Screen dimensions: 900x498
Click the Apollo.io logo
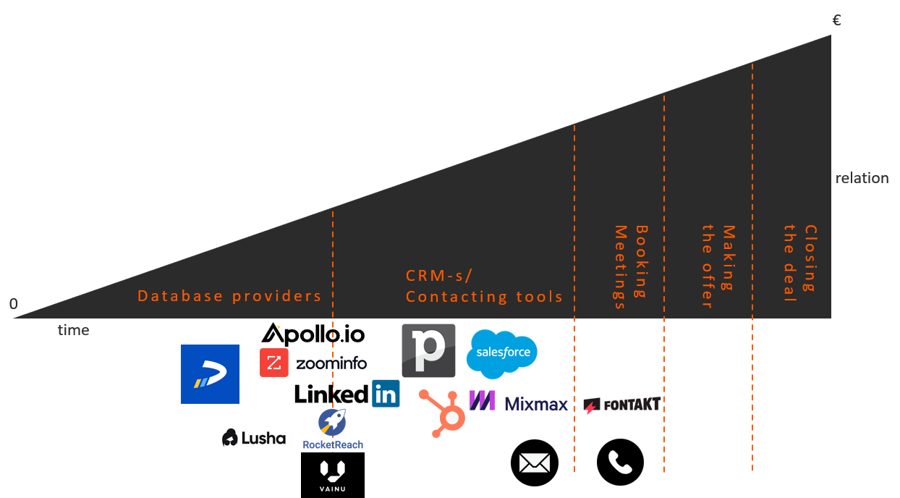point(313,334)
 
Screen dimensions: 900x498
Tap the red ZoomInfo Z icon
point(273,363)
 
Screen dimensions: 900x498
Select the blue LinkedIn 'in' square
point(386,394)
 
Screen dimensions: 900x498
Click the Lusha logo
point(253,437)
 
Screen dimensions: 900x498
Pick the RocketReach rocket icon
point(332,423)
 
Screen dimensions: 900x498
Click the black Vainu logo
point(333,475)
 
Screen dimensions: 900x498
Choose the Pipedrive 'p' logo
point(428,350)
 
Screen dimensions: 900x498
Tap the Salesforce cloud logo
point(502,354)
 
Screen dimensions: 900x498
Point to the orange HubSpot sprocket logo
point(442,413)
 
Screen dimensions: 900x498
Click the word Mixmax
point(536,404)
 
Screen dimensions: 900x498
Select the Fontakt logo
point(621,405)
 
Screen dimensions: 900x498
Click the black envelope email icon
point(535,463)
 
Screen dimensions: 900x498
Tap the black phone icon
point(620,463)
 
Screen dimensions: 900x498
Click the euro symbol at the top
point(836,20)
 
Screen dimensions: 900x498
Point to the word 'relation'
point(862,178)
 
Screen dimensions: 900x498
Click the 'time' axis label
point(74,330)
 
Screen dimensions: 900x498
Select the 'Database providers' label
point(229,296)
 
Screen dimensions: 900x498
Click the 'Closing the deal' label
point(800,263)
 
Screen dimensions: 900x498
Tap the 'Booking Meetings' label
point(631,267)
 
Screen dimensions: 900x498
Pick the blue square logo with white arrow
point(210,374)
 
